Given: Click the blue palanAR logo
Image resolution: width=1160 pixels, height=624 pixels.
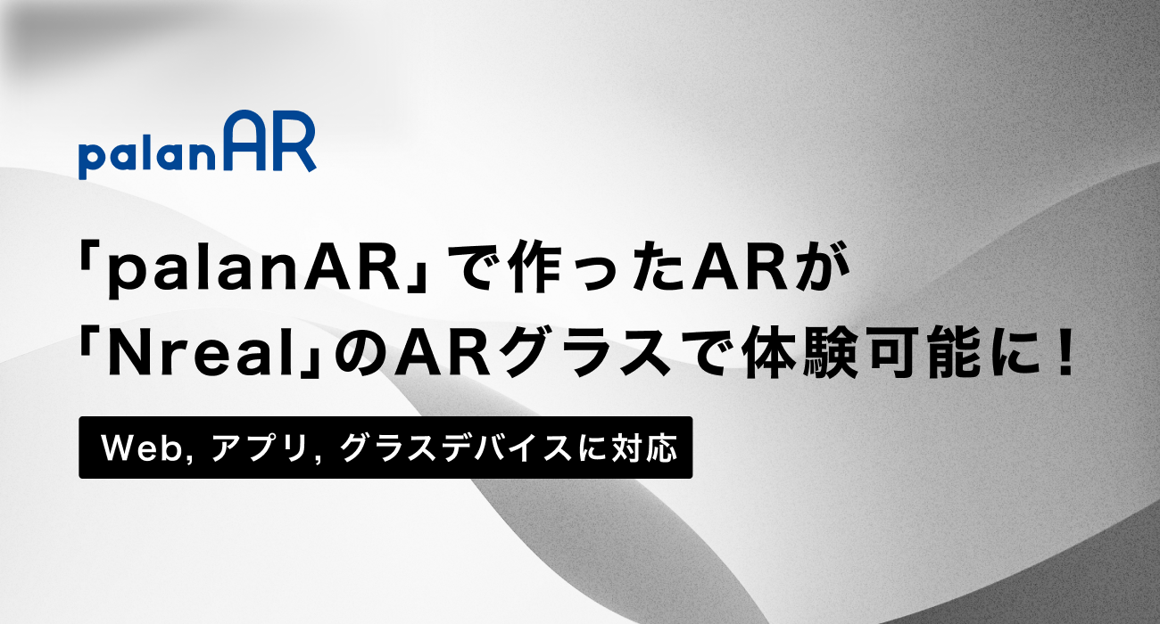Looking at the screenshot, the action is point(197,145).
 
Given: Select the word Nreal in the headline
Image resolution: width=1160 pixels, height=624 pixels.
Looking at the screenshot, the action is point(201,356).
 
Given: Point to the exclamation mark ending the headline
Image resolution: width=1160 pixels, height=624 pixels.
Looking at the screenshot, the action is point(1065,355).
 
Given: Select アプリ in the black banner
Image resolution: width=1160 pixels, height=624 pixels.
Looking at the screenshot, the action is point(259,447).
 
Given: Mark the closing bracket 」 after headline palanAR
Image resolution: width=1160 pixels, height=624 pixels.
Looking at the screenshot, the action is point(414,279).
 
